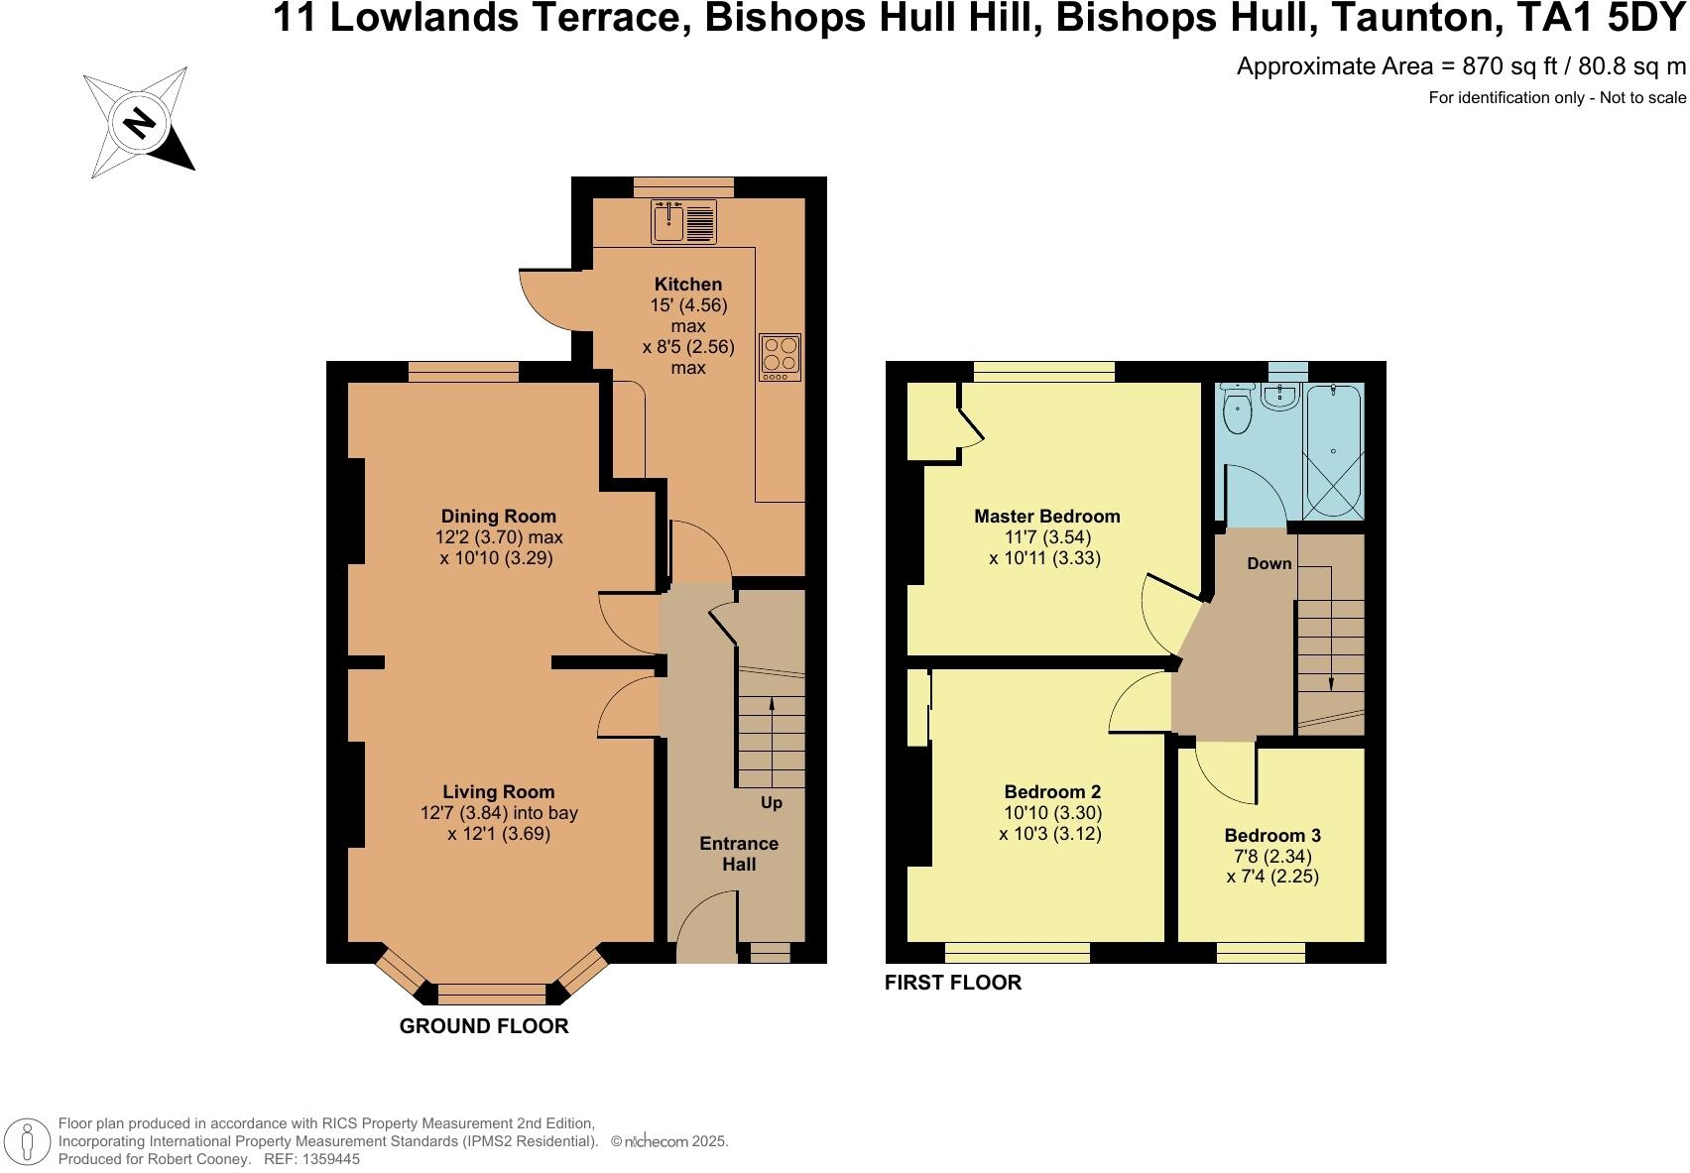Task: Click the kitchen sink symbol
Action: pyautogui.click(x=683, y=221)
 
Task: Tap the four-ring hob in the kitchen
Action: pyautogui.click(x=780, y=357)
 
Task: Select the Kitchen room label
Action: pyautogui.click(x=688, y=285)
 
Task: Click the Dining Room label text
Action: pyautogui.click(x=499, y=516)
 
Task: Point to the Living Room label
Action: pyautogui.click(x=499, y=791)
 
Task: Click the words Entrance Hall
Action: pyautogui.click(x=739, y=854)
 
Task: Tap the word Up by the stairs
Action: pyautogui.click(x=772, y=802)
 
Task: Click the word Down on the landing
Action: pyautogui.click(x=1269, y=563)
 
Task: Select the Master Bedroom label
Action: pyautogui.click(x=1047, y=516)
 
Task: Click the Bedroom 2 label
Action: pyautogui.click(x=1052, y=791)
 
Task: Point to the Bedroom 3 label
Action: pyautogui.click(x=1272, y=835)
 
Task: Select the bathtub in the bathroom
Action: pyautogui.click(x=1333, y=451)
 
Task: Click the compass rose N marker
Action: pyautogui.click(x=140, y=123)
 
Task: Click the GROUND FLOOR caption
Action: pyautogui.click(x=484, y=1026)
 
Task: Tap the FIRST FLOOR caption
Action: pyautogui.click(x=953, y=983)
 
